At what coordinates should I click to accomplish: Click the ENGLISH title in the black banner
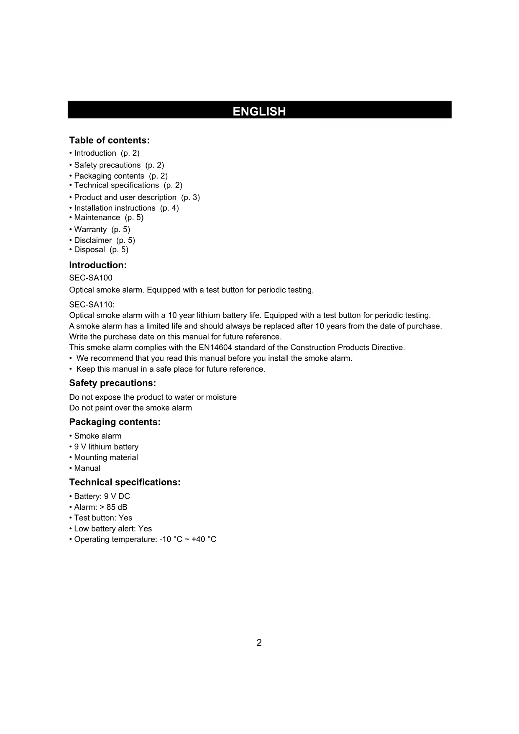click(x=259, y=111)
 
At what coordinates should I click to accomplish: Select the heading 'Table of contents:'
click(x=109, y=140)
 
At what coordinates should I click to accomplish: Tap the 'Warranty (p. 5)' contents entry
click(x=102, y=229)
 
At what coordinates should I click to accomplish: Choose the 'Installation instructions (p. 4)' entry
click(x=126, y=208)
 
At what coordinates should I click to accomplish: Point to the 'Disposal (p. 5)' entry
click(x=101, y=249)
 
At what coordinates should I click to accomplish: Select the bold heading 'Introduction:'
click(x=98, y=265)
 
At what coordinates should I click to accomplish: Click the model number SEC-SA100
click(x=91, y=278)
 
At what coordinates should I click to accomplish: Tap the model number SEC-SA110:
click(x=92, y=304)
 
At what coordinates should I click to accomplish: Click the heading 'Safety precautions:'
click(x=112, y=383)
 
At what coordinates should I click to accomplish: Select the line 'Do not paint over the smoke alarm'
click(x=130, y=408)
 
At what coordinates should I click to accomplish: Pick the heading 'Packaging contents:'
click(x=115, y=422)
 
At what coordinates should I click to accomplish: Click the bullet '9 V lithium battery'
click(x=106, y=447)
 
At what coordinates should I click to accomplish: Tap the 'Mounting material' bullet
click(x=105, y=457)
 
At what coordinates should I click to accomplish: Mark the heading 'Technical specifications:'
click(x=125, y=482)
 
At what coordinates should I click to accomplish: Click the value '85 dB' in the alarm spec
click(x=117, y=507)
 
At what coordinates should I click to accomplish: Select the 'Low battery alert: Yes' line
click(x=112, y=529)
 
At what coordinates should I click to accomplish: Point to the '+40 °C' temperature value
click(x=204, y=539)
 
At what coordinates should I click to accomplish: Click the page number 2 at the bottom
click(x=259, y=643)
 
